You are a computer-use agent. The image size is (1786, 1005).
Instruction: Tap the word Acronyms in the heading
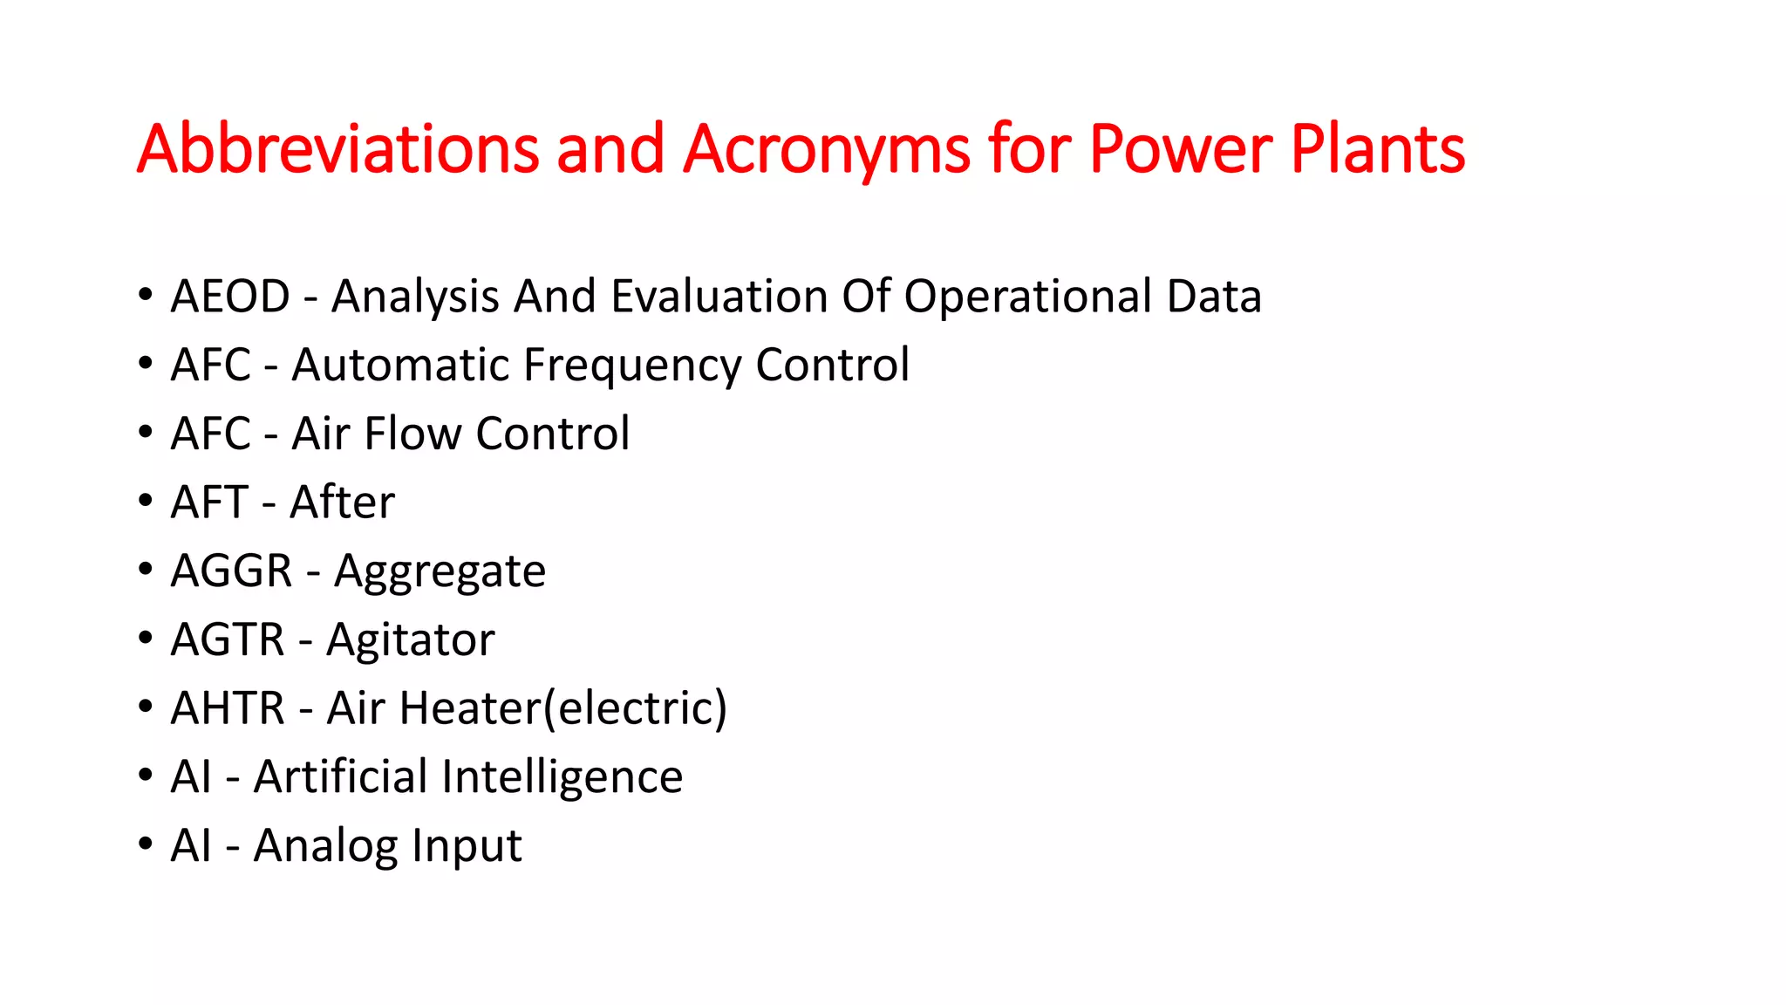tap(826, 150)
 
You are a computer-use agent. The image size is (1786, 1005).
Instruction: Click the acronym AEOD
tap(230, 297)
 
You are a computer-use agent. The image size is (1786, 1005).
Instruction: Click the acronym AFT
tap(209, 502)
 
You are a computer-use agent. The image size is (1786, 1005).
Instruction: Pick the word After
tap(342, 502)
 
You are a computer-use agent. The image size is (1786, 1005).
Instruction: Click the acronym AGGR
tap(231, 571)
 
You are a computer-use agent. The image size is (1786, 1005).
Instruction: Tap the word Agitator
tap(410, 640)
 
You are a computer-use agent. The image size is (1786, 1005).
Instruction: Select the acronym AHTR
tap(228, 708)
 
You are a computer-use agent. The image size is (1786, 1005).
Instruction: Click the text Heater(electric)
tap(562, 708)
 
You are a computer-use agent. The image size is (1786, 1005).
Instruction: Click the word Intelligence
tap(562, 778)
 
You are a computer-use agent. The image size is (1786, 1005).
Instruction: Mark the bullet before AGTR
tap(145, 639)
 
